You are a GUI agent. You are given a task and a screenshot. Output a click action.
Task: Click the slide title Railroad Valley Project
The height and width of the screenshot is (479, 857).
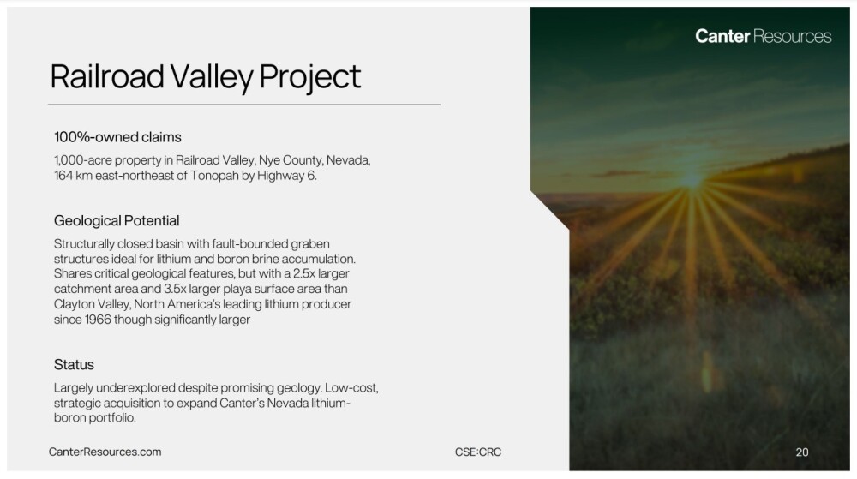(206, 77)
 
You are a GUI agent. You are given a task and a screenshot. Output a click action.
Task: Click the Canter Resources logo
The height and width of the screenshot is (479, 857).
(763, 36)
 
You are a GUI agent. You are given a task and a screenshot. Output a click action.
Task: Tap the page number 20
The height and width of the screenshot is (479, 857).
(802, 452)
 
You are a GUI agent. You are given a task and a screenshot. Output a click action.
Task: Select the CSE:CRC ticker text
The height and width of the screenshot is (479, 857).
(477, 452)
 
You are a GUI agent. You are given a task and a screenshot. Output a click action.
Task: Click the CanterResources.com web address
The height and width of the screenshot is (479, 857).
(105, 452)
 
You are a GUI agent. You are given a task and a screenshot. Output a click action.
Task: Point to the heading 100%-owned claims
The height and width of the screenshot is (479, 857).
(117, 137)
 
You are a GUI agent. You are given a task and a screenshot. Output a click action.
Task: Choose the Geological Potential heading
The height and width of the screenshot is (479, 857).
(117, 221)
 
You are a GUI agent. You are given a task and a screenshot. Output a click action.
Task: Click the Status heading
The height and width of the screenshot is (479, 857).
(74, 364)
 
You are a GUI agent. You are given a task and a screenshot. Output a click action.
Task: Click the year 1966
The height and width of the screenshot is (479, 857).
(98, 320)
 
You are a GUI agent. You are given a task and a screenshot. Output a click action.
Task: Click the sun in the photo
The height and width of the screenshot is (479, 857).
(692, 179)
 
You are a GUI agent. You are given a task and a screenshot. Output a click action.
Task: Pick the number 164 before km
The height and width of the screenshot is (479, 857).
(63, 176)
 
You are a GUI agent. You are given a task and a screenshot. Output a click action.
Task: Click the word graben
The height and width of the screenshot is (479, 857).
(310, 244)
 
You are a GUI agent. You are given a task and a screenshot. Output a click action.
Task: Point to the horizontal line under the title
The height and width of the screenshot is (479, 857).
(244, 105)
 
